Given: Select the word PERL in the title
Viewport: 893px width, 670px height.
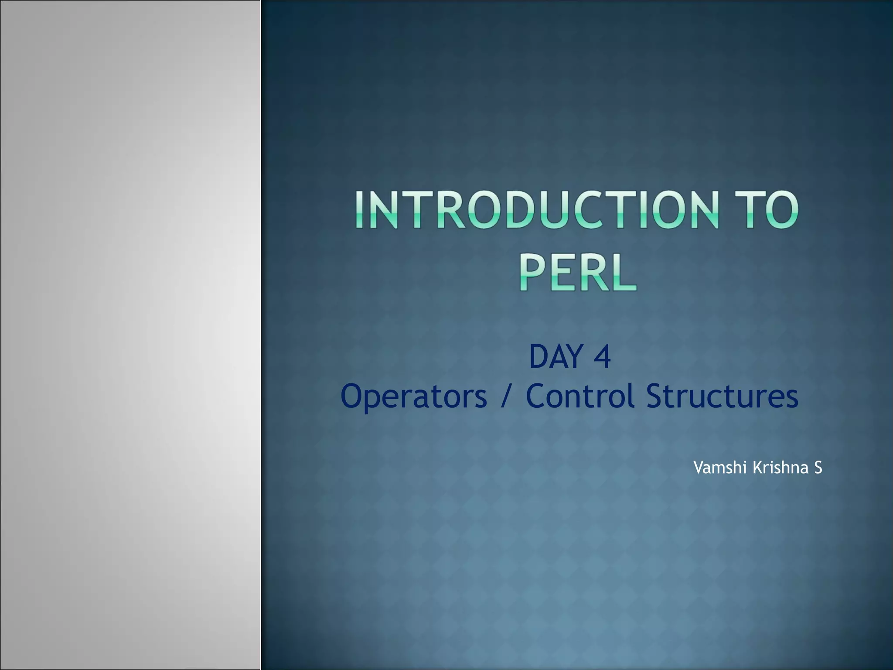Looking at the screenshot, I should [x=577, y=273].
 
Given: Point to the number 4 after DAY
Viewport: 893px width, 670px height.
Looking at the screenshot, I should [x=602, y=357].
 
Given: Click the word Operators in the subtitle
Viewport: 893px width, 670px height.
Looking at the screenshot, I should [x=413, y=396].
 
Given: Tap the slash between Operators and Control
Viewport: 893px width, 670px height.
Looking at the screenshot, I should [x=506, y=396].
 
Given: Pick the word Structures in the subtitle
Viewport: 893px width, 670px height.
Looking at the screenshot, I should [x=722, y=396].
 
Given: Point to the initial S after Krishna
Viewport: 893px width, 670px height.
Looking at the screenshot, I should [x=818, y=468].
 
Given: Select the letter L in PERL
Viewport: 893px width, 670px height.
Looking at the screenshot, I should [x=624, y=273].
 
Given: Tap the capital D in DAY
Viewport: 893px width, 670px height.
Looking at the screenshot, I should [x=539, y=357].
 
